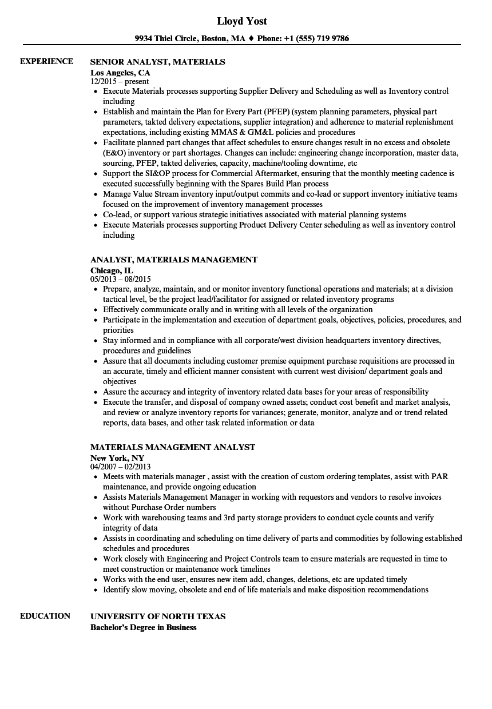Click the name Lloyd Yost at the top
click(x=242, y=21)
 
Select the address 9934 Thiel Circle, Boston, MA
click(x=190, y=39)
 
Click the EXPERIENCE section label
click(x=46, y=61)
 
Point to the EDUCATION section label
click(x=45, y=616)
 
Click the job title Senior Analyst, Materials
click(x=158, y=61)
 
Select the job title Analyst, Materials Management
click(x=174, y=259)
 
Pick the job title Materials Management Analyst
click(x=173, y=447)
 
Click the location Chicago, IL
click(x=112, y=270)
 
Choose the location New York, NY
click(x=117, y=457)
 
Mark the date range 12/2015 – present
click(x=120, y=81)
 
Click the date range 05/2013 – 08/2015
click(x=121, y=279)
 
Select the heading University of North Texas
click(x=158, y=616)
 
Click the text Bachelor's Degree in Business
click(x=144, y=627)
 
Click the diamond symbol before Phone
click(x=251, y=39)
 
